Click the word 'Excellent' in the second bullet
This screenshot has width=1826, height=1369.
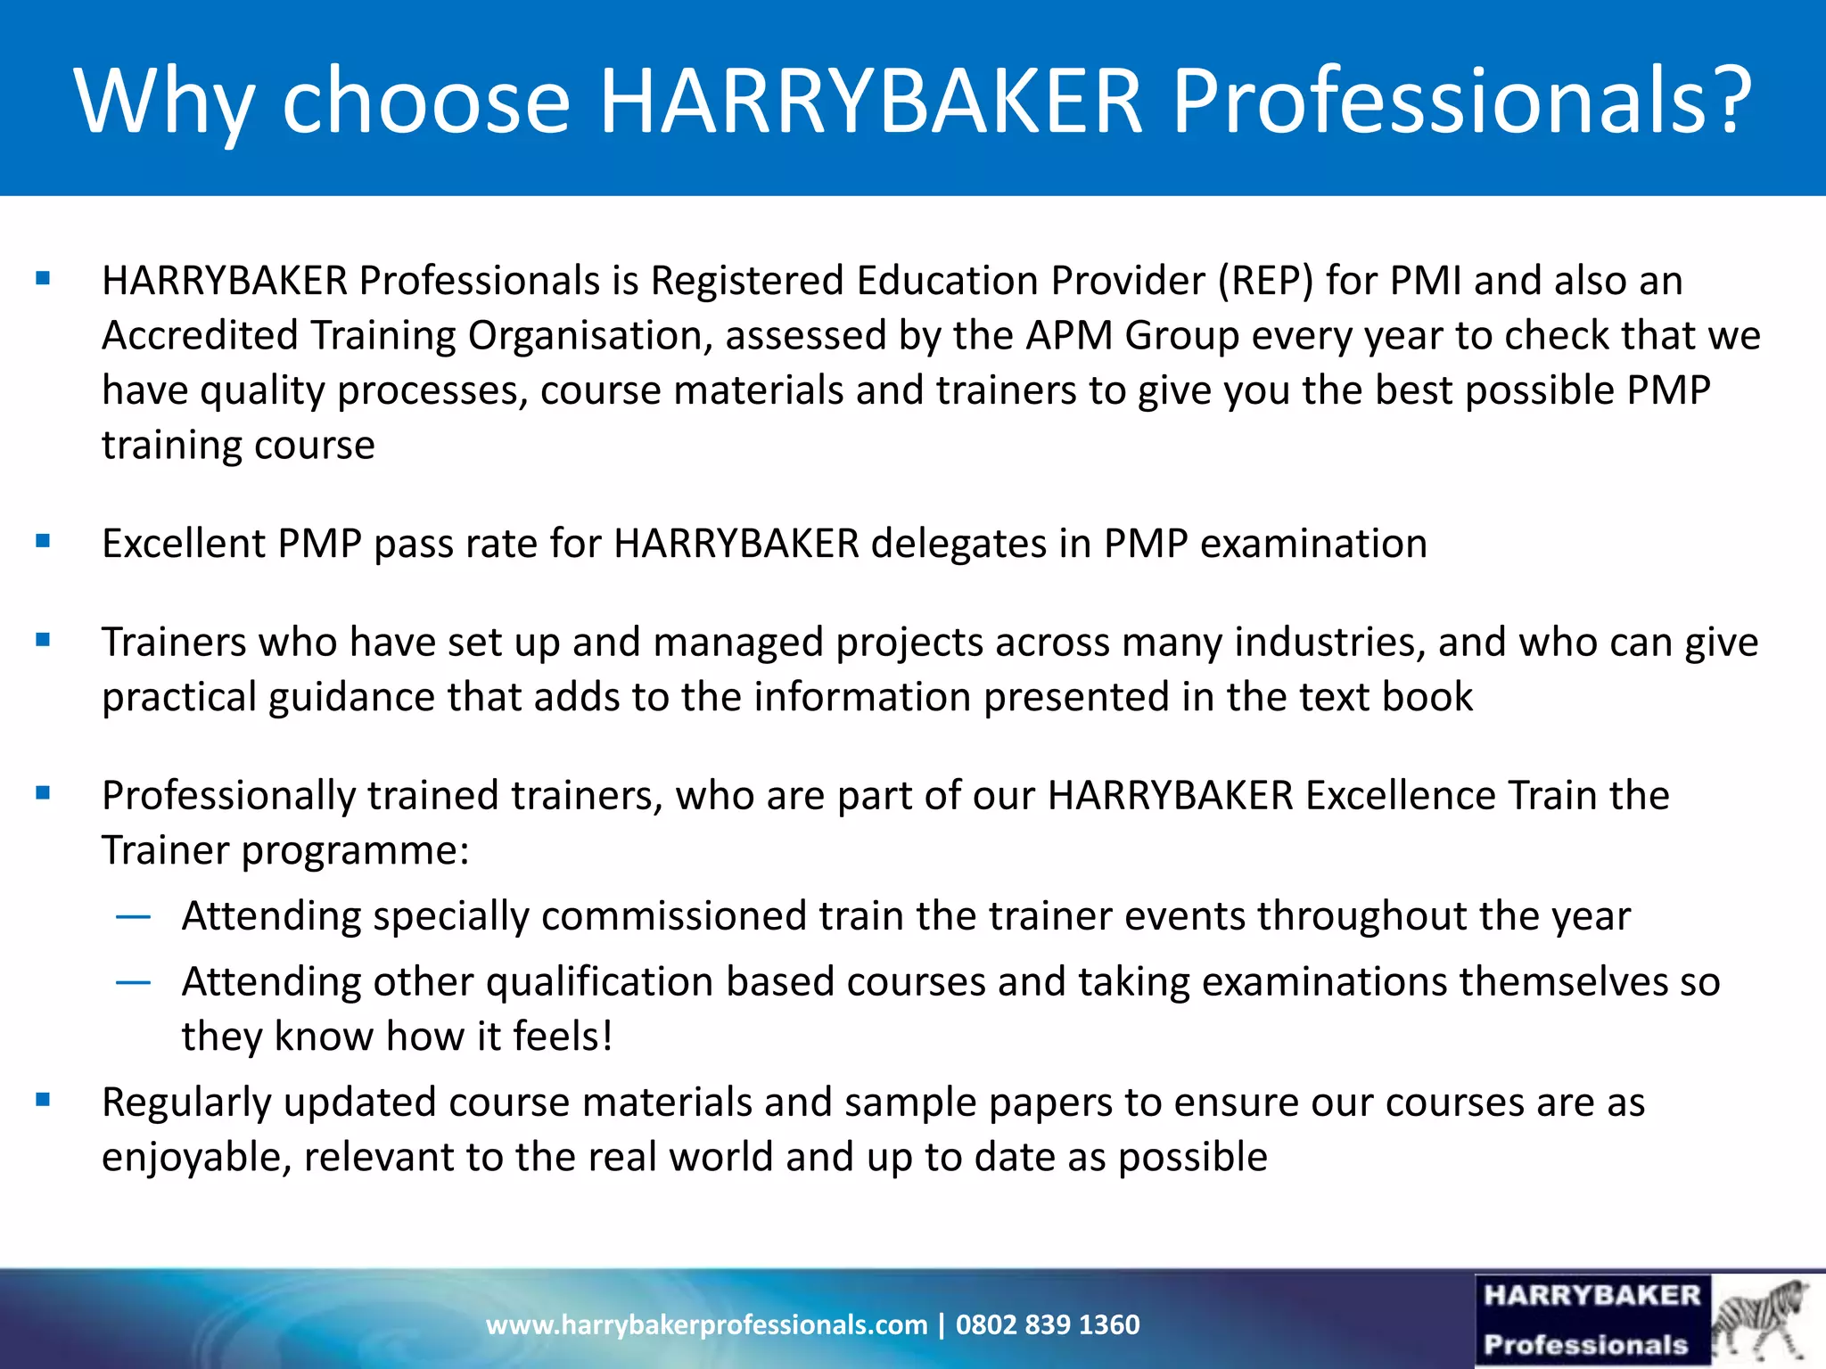pyautogui.click(x=184, y=544)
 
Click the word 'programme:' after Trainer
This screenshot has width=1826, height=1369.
pyautogui.click(x=355, y=851)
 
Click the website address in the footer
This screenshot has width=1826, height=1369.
pyautogui.click(x=706, y=1324)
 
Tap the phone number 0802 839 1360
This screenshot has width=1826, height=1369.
pyautogui.click(x=1048, y=1324)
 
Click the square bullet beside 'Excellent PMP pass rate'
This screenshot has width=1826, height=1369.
pyautogui.click(x=43, y=540)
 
